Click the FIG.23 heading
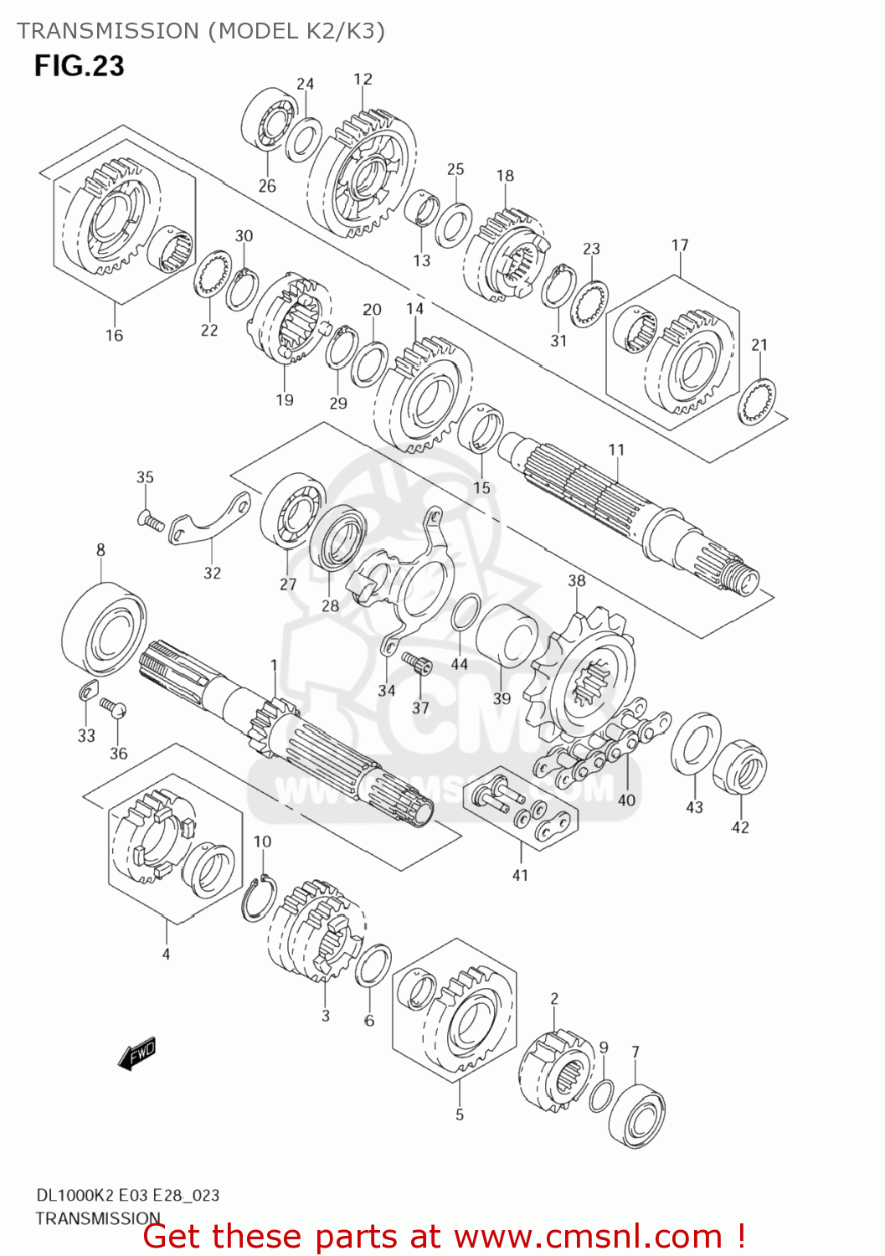[79, 65]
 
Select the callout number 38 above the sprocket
[577, 580]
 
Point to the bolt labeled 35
[150, 521]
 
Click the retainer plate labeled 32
[213, 519]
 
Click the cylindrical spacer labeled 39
[507, 639]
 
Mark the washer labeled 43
[696, 744]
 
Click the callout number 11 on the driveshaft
[616, 450]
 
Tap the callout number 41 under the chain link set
[520, 875]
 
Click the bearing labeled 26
[268, 121]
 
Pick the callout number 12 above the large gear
[363, 79]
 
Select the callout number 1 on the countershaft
[274, 665]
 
